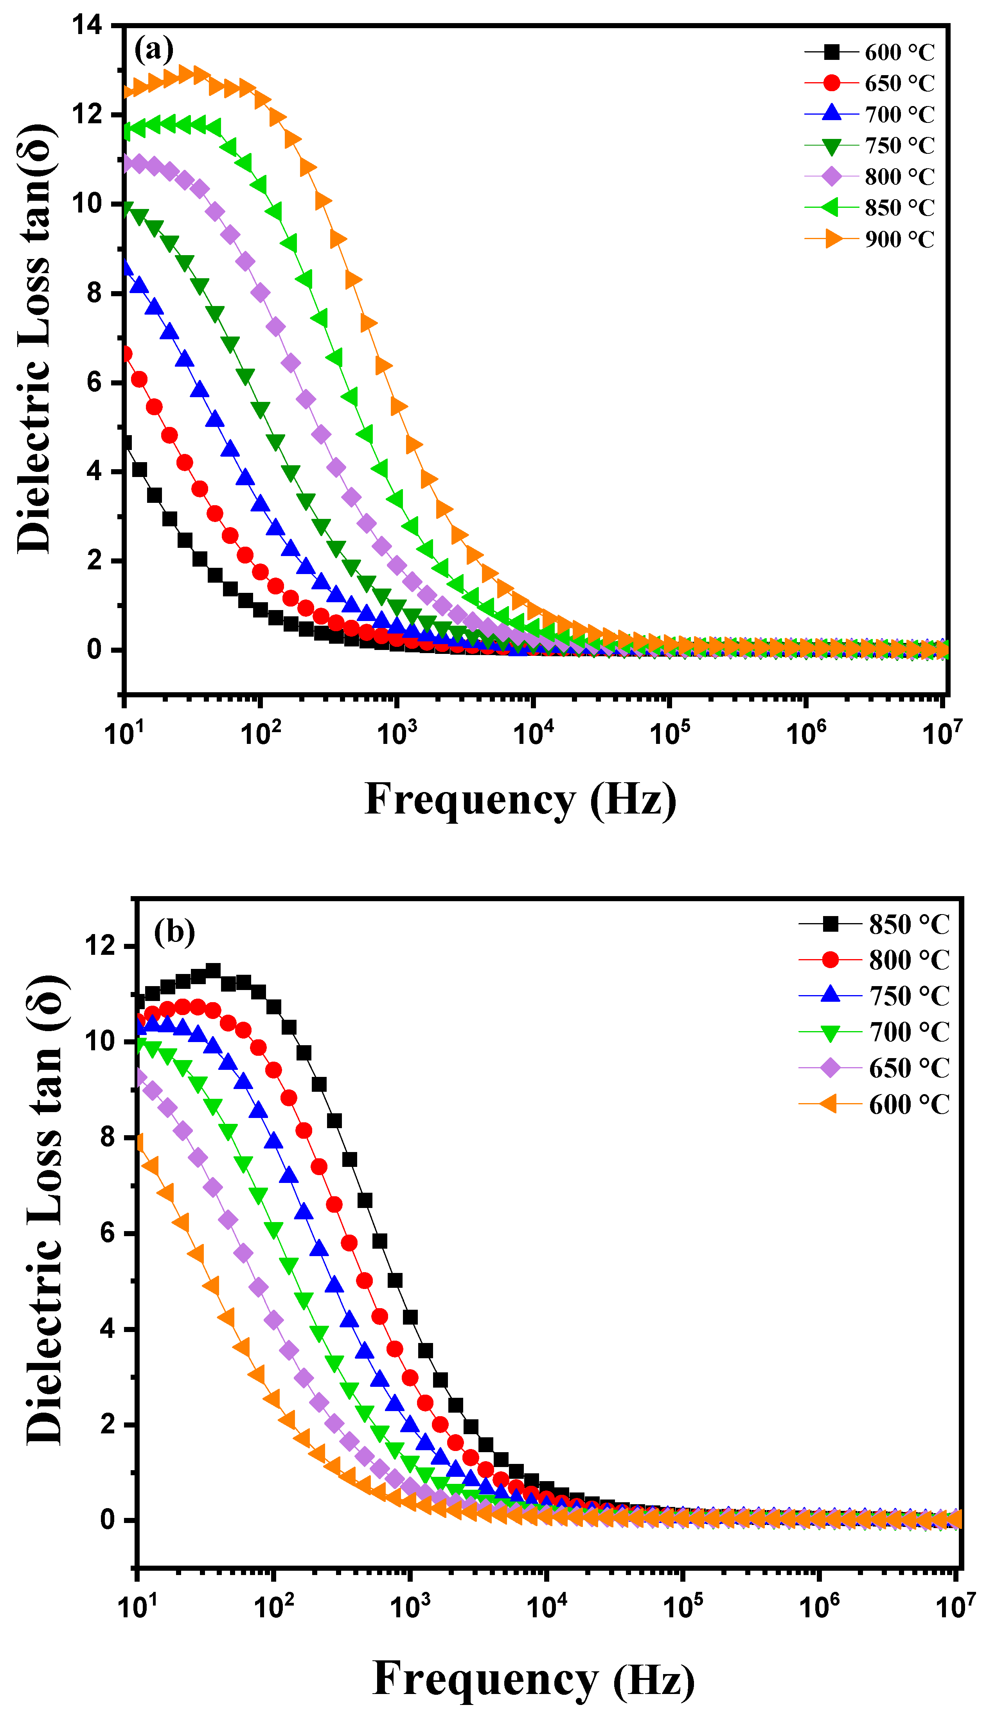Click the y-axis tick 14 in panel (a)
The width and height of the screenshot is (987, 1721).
pyautogui.click(x=88, y=26)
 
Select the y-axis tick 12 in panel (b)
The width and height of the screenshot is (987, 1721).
pyautogui.click(x=100, y=946)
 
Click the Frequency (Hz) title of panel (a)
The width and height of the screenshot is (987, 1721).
pyautogui.click(x=521, y=800)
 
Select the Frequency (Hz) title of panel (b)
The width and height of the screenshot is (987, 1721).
pyautogui.click(x=534, y=1679)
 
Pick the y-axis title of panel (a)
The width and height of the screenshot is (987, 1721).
pyautogui.click(x=35, y=339)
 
